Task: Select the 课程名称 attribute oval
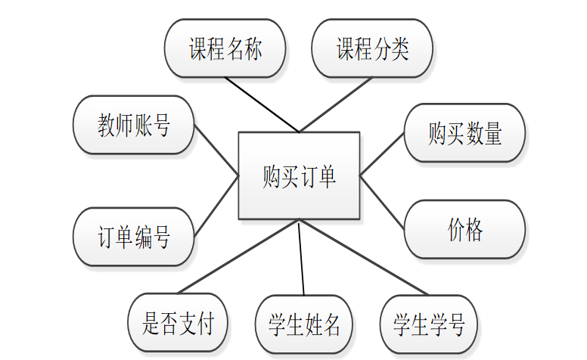click(225, 48)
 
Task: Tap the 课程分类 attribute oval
click(372, 48)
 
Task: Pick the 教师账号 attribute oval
click(134, 125)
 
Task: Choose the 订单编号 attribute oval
click(134, 237)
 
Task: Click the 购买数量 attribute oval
click(464, 133)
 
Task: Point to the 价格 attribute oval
click(464, 229)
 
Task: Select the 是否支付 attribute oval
click(178, 323)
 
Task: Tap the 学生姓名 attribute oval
click(304, 324)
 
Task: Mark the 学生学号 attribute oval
click(429, 324)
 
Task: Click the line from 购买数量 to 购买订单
click(382, 155)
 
